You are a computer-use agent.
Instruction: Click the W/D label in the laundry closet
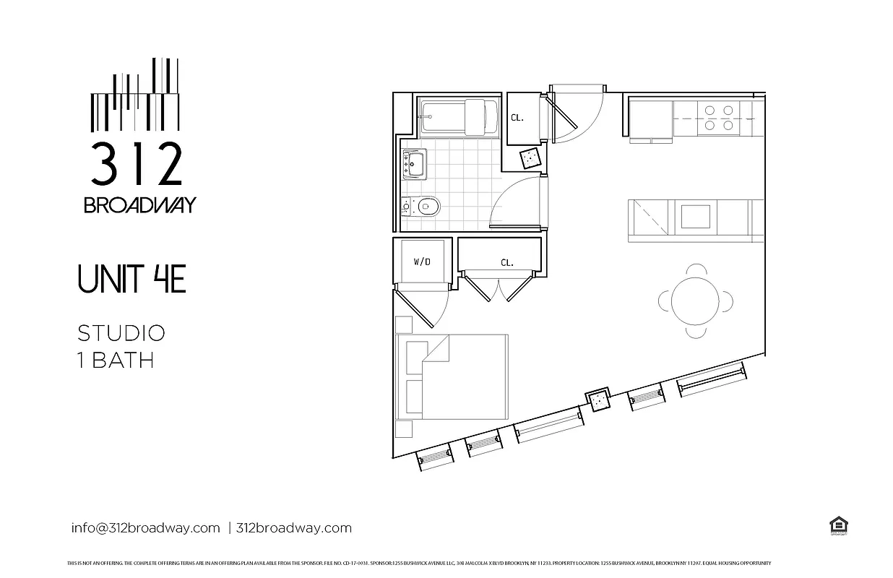(x=422, y=262)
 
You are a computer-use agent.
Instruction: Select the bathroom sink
(x=415, y=164)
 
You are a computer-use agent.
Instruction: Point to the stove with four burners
(x=718, y=118)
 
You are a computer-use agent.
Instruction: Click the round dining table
(x=695, y=301)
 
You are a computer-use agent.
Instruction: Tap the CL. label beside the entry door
(x=517, y=118)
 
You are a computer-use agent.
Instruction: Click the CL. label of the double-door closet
(x=507, y=263)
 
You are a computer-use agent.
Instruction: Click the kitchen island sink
(x=696, y=217)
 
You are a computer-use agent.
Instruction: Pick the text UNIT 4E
(x=131, y=280)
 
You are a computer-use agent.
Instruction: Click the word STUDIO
(x=121, y=333)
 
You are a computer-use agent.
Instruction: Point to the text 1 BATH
(x=116, y=360)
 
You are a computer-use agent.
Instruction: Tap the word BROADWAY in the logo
(x=139, y=205)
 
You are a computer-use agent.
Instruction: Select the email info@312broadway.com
(x=145, y=527)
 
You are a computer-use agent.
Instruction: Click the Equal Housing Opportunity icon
(x=838, y=526)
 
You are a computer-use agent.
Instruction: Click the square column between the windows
(x=598, y=399)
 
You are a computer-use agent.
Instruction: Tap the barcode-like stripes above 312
(x=135, y=98)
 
